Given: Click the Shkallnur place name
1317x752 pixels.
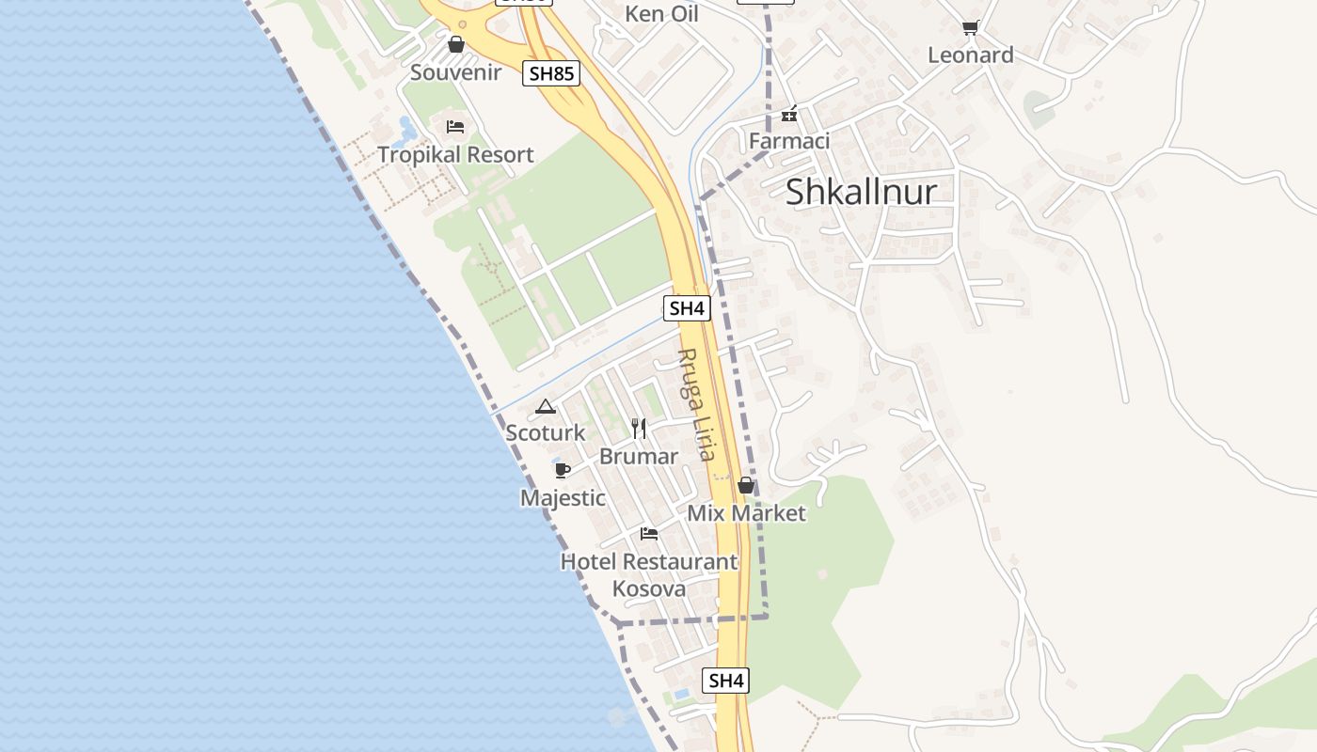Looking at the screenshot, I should [x=861, y=192].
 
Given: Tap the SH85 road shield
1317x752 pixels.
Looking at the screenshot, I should [x=551, y=74].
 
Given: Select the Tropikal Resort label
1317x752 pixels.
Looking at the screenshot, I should [x=455, y=155].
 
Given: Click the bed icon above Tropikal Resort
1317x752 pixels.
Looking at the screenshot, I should [x=455, y=126].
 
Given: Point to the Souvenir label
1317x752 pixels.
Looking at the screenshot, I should [x=455, y=72].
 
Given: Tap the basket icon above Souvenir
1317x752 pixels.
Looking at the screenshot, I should [x=456, y=44].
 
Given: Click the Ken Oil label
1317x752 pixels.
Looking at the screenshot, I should [x=661, y=14].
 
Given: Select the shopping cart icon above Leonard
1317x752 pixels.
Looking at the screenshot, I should [x=970, y=27].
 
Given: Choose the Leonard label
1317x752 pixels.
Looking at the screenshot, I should [x=971, y=55].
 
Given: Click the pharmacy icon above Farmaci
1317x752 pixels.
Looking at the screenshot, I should [x=788, y=115].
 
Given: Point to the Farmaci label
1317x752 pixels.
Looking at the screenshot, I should [x=789, y=141].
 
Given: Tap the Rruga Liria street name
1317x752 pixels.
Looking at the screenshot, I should [x=696, y=404].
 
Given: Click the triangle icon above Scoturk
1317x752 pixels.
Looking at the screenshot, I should [x=545, y=407].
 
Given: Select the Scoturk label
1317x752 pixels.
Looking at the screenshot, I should [x=546, y=433].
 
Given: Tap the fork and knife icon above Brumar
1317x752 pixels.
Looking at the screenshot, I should [x=639, y=429].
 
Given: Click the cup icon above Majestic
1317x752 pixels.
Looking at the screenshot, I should [x=563, y=470].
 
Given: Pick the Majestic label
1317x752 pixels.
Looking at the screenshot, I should [x=563, y=498].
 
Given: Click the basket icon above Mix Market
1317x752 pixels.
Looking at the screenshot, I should [x=746, y=485].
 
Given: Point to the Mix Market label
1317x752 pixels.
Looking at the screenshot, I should [x=746, y=513].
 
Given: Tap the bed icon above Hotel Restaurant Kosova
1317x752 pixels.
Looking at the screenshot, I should [x=649, y=534].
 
